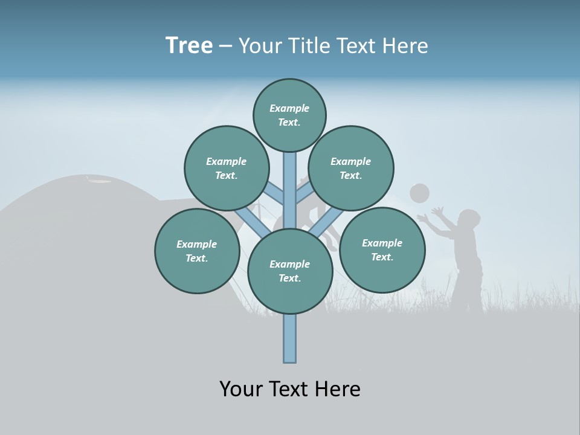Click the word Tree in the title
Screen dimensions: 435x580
[189, 46]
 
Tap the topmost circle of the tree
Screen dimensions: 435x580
[289, 115]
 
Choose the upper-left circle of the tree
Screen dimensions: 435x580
[226, 168]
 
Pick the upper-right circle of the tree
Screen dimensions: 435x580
[351, 168]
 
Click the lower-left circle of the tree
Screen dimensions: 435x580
[197, 251]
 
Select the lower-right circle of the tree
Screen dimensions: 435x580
[382, 250]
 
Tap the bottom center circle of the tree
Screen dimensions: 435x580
[290, 271]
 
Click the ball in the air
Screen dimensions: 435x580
[419, 193]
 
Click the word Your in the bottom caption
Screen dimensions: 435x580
[241, 389]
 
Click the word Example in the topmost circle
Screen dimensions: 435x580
[289, 108]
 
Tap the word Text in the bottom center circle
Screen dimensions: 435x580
[289, 279]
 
